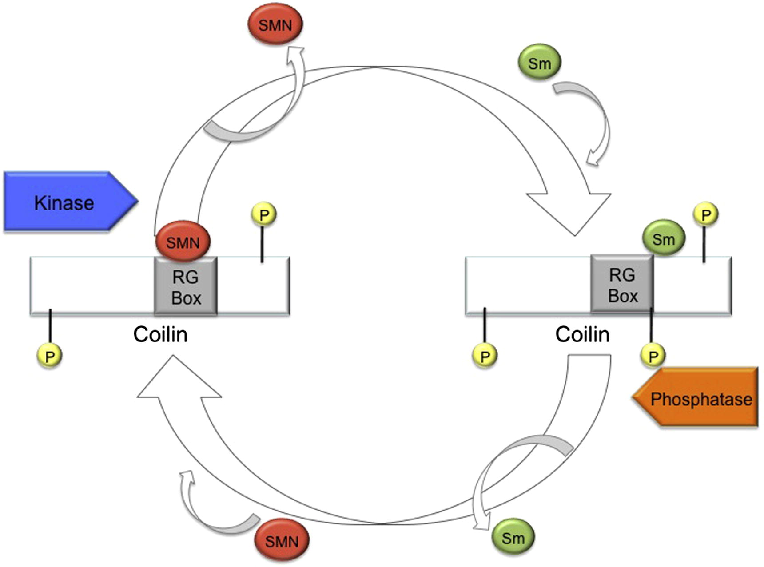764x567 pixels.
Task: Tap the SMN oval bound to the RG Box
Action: [183, 242]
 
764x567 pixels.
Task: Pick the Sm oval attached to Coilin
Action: [664, 239]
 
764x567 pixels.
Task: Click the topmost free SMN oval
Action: [275, 24]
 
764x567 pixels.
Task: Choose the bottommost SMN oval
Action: [282, 541]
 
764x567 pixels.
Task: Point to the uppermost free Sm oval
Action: [539, 63]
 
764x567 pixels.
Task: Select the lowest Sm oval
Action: [513, 538]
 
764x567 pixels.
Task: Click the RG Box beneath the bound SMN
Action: [186, 287]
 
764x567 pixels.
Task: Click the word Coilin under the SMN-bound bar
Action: [160, 334]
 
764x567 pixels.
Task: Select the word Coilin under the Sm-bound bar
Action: [582, 334]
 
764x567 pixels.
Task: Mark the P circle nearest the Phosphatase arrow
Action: [653, 356]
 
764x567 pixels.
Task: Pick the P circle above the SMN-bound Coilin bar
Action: [264, 215]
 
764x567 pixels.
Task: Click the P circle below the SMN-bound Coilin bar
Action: [49, 356]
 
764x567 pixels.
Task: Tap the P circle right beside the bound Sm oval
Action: [705, 215]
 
